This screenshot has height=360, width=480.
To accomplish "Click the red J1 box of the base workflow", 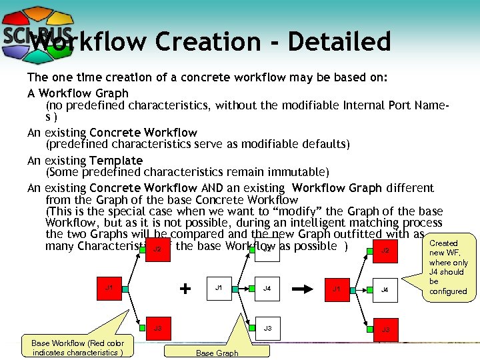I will [x=109, y=289].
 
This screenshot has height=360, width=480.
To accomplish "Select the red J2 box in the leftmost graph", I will [x=157, y=250].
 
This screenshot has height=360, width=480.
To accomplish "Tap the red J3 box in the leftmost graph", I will [x=157, y=329].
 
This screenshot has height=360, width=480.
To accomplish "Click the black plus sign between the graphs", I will [x=186, y=289].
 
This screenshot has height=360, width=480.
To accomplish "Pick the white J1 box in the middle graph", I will [x=217, y=289].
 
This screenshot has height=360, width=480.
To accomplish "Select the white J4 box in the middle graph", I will [x=267, y=289].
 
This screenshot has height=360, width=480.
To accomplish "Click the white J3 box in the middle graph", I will [x=267, y=329].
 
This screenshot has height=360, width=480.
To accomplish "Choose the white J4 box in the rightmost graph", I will [x=385, y=289].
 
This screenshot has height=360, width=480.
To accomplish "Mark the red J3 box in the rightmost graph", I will [x=385, y=329].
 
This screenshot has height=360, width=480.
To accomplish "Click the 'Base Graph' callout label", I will [x=217, y=353].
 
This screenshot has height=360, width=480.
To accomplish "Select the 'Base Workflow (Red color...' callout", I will [x=77, y=347].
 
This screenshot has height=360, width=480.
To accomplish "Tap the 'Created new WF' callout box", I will [x=448, y=267].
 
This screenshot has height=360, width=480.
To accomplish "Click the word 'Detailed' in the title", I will [x=340, y=42].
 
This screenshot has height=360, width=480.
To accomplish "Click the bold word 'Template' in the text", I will [x=116, y=160].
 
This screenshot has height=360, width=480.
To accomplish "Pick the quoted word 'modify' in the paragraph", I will [x=307, y=210].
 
